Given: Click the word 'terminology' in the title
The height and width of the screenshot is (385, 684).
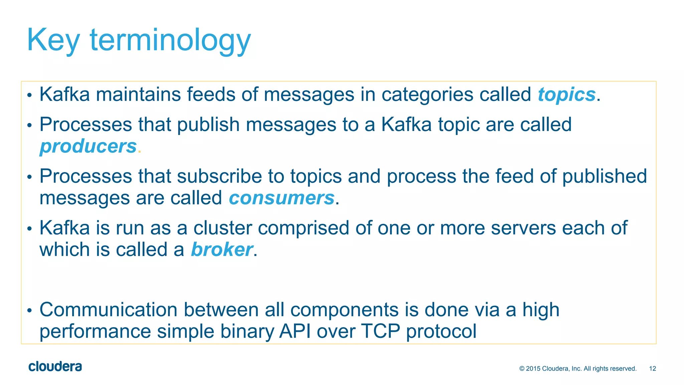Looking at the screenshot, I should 170,40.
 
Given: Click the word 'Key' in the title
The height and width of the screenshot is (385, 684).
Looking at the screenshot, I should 53,40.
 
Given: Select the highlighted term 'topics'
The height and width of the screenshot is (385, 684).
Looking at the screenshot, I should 566,95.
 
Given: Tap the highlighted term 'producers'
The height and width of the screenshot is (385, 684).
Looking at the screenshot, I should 88,146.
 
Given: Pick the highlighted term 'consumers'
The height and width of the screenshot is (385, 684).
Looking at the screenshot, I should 282,198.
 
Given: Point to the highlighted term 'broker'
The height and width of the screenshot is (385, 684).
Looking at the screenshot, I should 221,250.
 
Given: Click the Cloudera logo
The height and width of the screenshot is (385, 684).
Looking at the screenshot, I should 55,367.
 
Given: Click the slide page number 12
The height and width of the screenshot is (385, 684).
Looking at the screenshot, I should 652,369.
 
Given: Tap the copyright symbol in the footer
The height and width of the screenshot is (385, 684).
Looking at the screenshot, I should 522,369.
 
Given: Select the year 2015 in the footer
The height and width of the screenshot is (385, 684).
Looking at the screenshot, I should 533,369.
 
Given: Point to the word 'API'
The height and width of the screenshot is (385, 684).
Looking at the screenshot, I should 295,331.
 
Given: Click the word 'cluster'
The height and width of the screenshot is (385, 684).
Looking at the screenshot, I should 223,228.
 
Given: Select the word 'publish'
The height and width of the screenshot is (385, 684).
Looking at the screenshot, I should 208,125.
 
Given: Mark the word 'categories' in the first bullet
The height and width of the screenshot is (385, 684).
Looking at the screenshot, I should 427,95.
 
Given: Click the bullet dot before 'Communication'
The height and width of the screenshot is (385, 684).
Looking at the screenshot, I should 29,311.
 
